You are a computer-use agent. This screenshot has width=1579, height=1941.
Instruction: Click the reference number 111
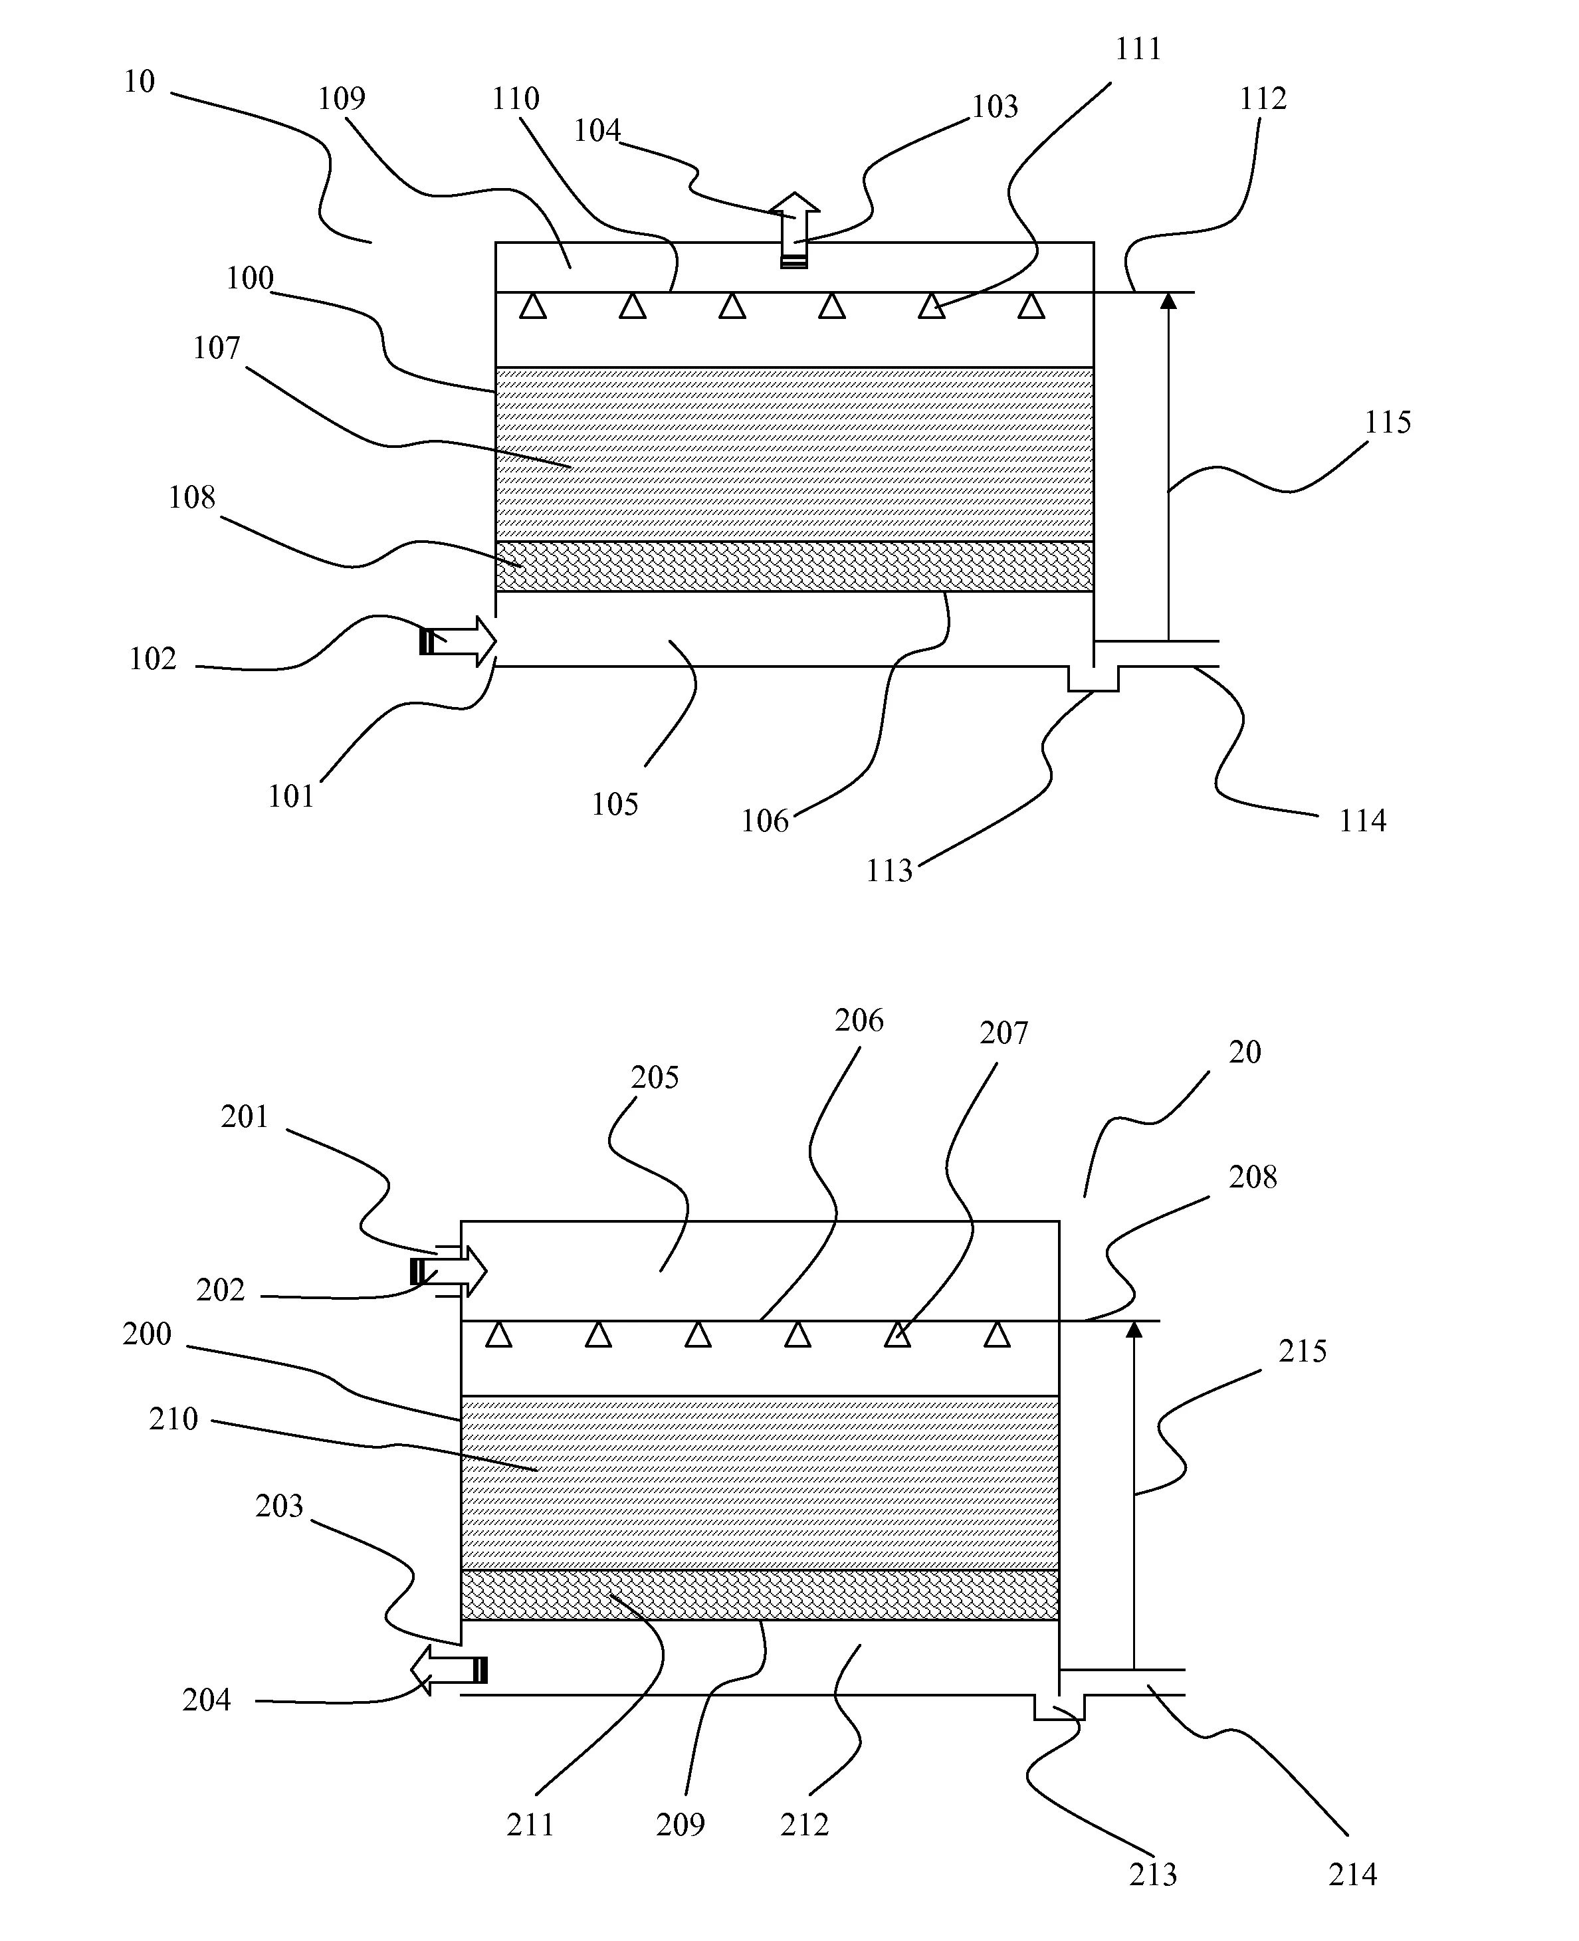[1139, 49]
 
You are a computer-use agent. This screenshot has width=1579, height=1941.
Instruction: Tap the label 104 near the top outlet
[597, 131]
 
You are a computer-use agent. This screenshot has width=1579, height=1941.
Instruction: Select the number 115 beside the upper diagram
[1387, 422]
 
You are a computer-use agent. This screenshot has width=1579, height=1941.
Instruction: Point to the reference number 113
[889, 871]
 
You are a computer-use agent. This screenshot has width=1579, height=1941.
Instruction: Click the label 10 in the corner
[139, 82]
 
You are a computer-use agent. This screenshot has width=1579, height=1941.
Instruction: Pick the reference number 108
[192, 498]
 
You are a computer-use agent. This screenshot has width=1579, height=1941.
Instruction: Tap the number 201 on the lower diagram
[245, 1117]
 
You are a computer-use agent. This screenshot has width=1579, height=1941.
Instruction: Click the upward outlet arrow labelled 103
[795, 230]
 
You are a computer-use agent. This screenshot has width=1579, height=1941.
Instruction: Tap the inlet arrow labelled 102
[457, 641]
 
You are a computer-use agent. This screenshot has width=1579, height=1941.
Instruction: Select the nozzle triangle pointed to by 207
[898, 1334]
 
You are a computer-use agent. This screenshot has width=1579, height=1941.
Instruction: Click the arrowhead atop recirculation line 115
[1169, 300]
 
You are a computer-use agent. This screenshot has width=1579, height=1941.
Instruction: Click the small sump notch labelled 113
[1093, 679]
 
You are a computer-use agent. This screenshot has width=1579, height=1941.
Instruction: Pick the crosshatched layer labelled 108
[795, 567]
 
